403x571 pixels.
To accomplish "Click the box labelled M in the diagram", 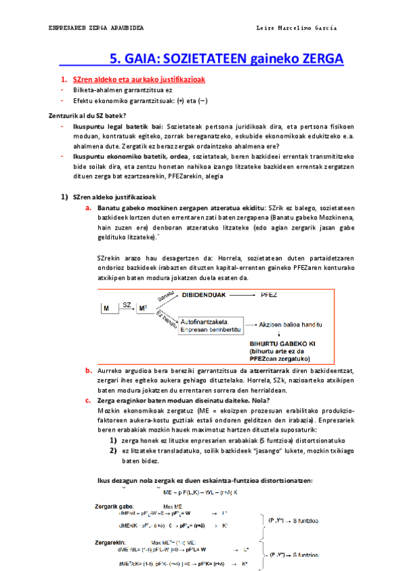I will click(106, 308).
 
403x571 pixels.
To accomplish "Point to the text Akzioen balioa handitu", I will click(299, 325).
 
